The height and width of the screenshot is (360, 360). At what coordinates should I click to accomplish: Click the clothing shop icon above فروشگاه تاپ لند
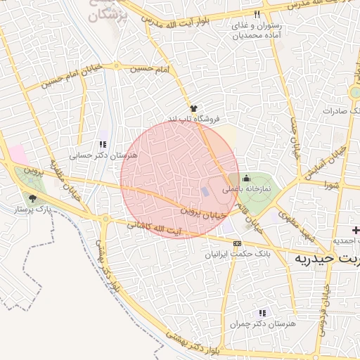click(x=193, y=108)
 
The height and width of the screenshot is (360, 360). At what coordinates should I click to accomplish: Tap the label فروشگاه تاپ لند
click(x=193, y=119)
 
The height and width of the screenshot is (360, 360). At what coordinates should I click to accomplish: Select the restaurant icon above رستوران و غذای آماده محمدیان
click(x=257, y=14)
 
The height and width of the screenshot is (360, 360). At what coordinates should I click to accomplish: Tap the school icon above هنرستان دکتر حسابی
click(x=103, y=144)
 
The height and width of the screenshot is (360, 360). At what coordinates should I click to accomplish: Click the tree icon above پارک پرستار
click(x=33, y=198)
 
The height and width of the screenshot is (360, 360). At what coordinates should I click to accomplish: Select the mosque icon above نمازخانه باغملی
click(x=247, y=177)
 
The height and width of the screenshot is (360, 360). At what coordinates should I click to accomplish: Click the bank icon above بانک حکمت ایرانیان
click(x=236, y=243)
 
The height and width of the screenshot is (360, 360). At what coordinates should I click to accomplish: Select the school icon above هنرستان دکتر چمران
click(x=262, y=313)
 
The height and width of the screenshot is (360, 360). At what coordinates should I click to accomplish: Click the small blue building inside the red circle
click(x=205, y=191)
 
